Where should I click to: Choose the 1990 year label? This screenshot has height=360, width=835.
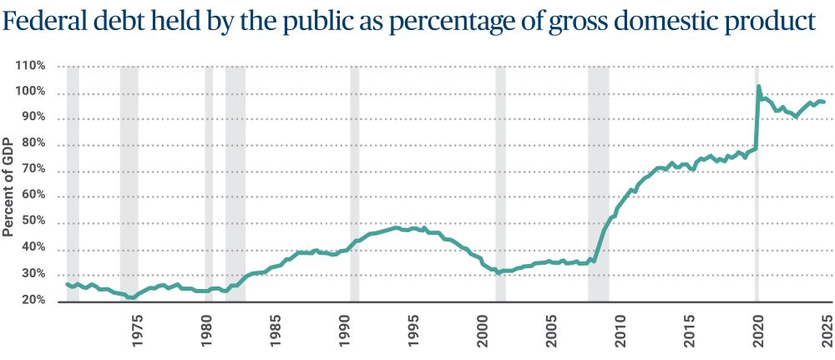345,325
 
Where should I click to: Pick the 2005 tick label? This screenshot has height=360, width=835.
552,325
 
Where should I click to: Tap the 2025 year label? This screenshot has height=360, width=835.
827,325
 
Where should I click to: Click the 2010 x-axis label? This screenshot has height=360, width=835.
620,325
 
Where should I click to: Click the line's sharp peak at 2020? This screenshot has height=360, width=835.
758,86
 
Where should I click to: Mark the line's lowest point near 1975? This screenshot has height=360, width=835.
132,297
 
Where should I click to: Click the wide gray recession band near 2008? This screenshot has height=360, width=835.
599,184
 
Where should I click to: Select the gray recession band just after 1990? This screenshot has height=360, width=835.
355,184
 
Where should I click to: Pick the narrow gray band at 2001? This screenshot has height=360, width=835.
501,184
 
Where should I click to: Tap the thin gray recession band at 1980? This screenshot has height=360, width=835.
209,184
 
